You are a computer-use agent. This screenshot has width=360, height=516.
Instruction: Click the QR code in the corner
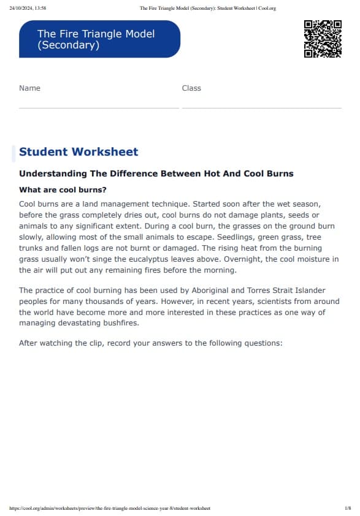323,39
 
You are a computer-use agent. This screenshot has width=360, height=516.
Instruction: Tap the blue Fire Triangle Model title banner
99,39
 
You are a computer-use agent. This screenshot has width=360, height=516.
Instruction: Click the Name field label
29,88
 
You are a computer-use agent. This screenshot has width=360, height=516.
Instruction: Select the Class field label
191,88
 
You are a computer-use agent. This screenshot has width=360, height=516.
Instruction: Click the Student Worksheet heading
79,152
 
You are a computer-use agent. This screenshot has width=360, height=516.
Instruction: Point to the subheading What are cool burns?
63,190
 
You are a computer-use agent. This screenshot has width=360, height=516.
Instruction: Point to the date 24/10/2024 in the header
22,8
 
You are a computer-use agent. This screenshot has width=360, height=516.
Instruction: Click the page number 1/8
347,508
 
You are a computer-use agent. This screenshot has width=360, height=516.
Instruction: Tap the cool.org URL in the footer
110,508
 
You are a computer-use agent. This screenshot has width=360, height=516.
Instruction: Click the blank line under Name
99,107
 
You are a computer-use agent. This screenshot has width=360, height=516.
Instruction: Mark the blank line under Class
261,107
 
